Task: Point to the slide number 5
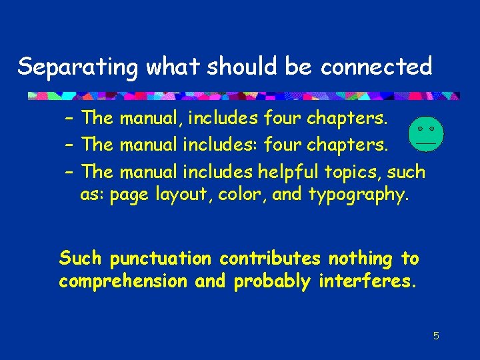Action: pyautogui.click(x=436, y=336)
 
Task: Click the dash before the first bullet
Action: pyautogui.click(x=69, y=119)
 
